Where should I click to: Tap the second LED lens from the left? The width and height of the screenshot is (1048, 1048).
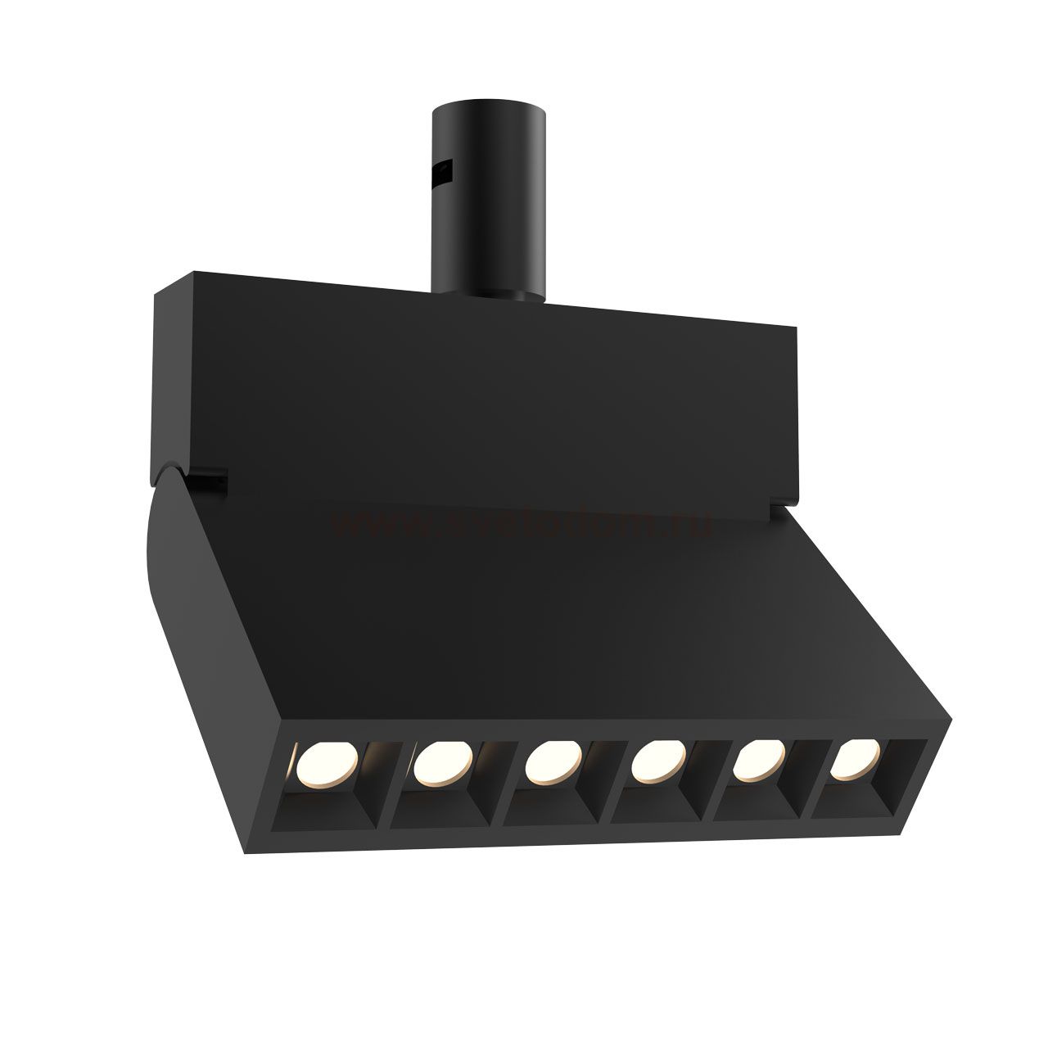[442, 764]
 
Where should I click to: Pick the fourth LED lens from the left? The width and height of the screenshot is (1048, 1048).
[659, 760]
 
